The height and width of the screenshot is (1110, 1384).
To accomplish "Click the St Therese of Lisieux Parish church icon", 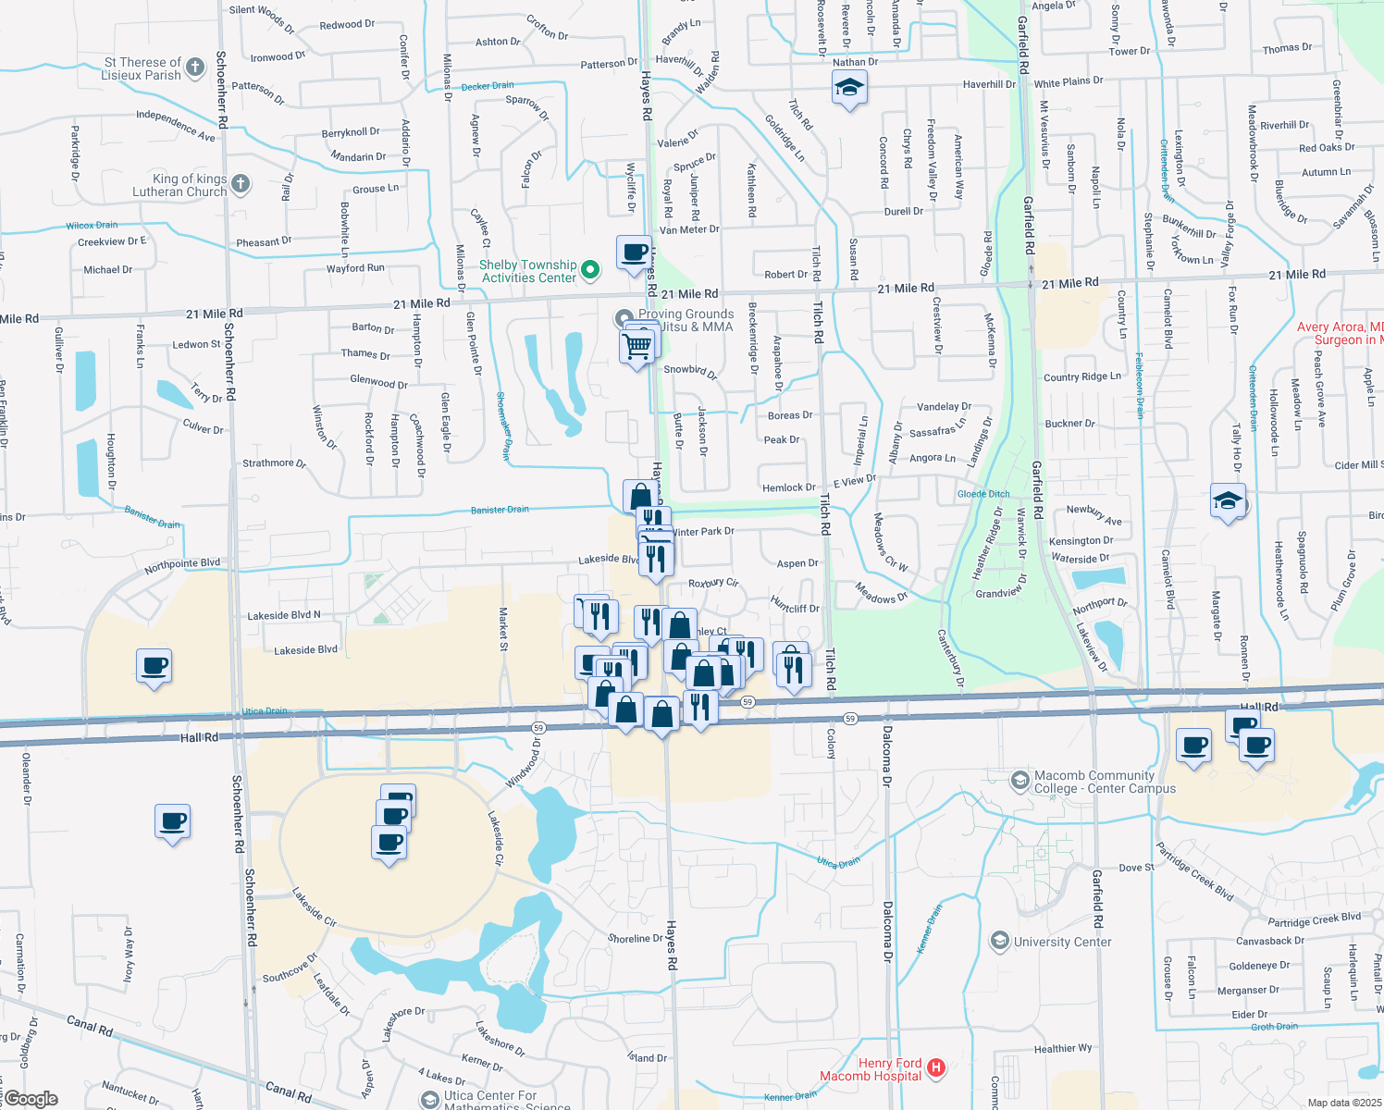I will tap(194, 67).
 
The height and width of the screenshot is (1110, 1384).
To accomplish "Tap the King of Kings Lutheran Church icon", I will tap(241, 183).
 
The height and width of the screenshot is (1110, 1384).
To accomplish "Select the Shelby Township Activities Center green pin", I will tap(590, 270).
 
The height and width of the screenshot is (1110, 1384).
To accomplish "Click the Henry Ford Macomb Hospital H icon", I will tap(936, 1067).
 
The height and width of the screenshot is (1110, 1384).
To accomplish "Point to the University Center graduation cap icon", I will tap(999, 942).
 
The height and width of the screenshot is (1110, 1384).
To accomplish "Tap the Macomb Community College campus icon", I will tap(1019, 781).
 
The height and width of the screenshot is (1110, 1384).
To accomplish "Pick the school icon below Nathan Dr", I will tap(849, 89).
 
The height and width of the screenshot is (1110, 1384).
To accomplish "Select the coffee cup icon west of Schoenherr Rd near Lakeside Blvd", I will tap(154, 665).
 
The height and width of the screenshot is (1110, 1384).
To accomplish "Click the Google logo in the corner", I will tap(31, 1099).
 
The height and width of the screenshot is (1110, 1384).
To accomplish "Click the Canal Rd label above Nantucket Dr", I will tap(90, 1025).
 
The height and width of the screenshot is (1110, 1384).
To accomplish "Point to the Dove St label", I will tap(1136, 868).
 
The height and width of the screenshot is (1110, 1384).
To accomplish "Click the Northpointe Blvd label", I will tap(182, 565).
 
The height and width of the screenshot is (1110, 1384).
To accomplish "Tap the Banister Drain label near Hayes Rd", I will tap(500, 510).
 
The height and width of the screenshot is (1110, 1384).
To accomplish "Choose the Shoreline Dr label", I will tap(635, 938).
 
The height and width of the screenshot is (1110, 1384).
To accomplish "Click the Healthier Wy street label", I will tap(1063, 1048).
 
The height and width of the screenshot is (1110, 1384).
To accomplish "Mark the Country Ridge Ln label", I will tap(1081, 376).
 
